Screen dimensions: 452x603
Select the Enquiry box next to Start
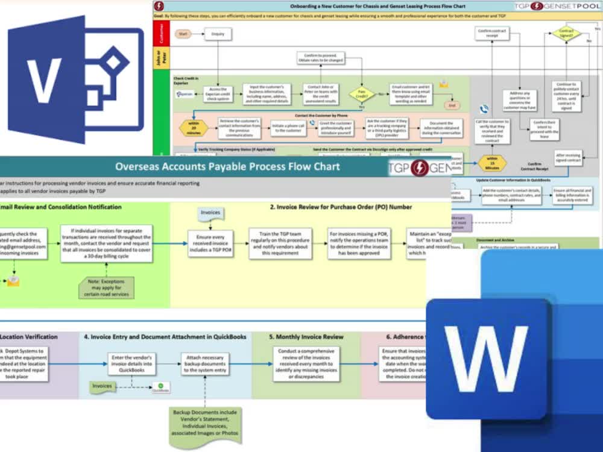[x=217, y=34]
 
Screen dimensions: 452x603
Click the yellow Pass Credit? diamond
[x=362, y=94]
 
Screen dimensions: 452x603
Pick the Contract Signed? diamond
[x=566, y=33]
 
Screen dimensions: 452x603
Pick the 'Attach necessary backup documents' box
[x=205, y=363]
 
